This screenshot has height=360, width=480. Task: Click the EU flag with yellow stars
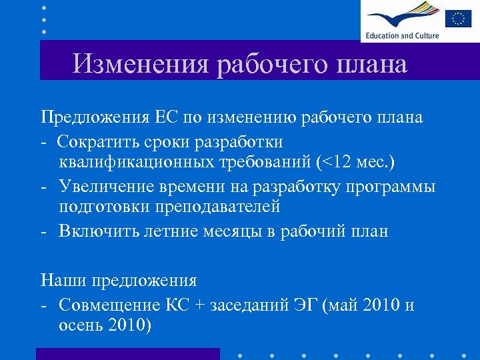click(458, 18)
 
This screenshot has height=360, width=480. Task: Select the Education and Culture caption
click(401, 36)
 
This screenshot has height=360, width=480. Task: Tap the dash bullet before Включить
click(43, 231)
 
